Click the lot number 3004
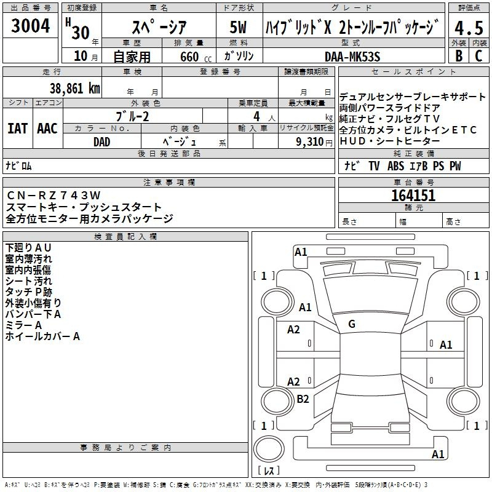[30, 26]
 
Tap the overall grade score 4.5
[469, 28]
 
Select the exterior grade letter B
[459, 56]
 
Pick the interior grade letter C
[479, 56]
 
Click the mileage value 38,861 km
[75, 89]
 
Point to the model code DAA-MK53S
[352, 57]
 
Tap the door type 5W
[238, 27]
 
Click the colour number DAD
[102, 142]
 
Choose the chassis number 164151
[413, 196]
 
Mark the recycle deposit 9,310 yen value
[314, 142]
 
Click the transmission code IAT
[18, 129]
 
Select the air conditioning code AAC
[47, 129]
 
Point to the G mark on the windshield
[352, 324]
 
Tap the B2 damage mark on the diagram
[303, 399]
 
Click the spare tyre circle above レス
[269, 448]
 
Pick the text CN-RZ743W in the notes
[54, 196]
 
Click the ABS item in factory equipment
[395, 165]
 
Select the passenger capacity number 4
[256, 116]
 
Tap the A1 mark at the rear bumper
[438, 454]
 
